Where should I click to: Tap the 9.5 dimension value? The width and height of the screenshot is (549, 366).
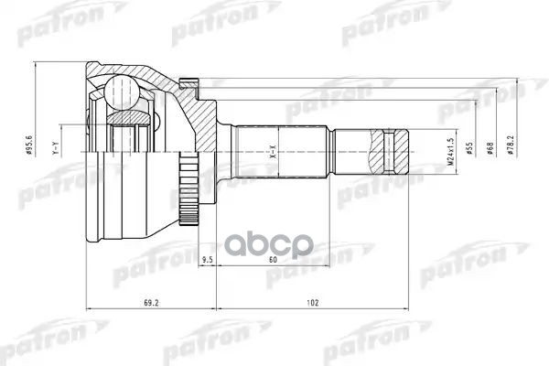208,259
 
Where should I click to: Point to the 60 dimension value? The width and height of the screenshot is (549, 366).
273,259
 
